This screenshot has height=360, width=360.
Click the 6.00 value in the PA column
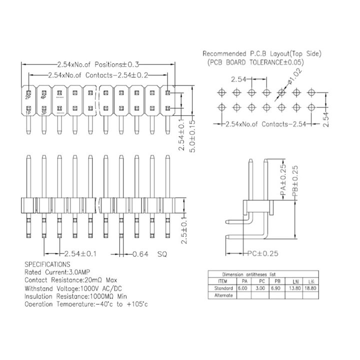coord(242,288)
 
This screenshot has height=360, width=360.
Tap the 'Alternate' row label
coord(222,295)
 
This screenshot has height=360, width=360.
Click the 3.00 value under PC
coord(260,288)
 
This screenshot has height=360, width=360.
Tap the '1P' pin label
coord(28,113)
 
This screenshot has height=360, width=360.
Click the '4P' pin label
coord(44,97)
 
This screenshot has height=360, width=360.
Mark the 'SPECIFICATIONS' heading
coord(47,263)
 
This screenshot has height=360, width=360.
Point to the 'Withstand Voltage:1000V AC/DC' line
coord(73,288)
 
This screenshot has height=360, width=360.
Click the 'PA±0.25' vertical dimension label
coord(283,180)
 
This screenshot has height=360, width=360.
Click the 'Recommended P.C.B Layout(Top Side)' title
coord(262,53)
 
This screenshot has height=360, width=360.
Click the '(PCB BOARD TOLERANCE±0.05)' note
coord(255,62)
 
